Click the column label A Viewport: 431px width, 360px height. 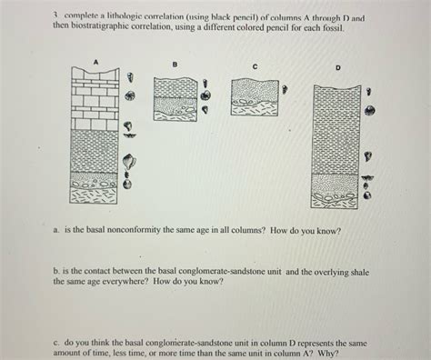click(x=95, y=59)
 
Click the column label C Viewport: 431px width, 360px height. click(x=256, y=66)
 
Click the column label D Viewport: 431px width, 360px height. click(x=337, y=66)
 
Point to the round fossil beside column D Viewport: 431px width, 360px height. click(x=370, y=110)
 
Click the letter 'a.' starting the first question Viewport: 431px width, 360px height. click(x=57, y=231)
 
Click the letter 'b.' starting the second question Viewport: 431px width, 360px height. click(x=57, y=270)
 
